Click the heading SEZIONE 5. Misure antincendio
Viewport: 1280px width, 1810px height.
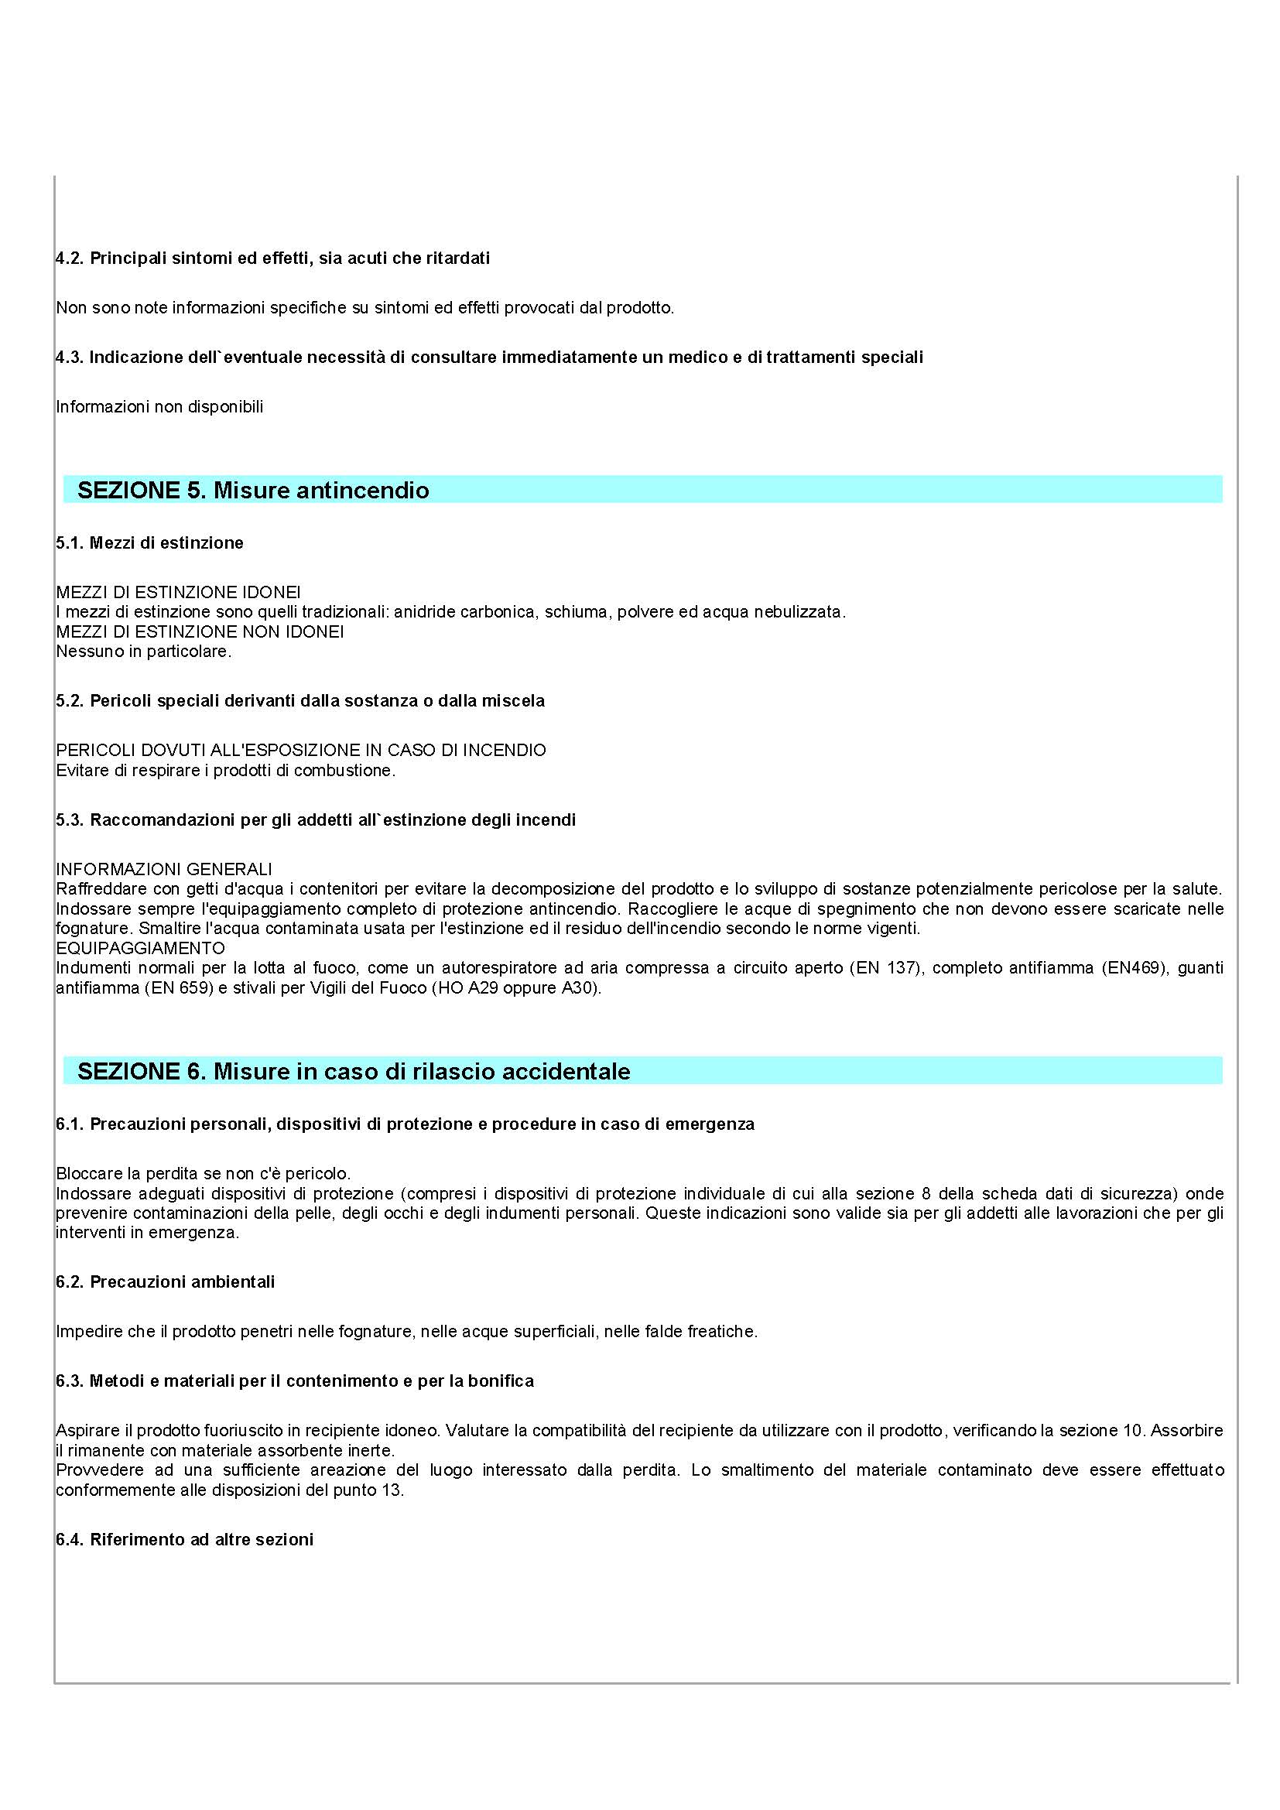(x=253, y=491)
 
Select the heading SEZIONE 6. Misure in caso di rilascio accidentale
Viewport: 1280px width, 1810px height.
(x=353, y=1071)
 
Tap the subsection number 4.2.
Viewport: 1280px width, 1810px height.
(x=70, y=258)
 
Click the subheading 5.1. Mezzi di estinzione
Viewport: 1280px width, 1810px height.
(x=150, y=542)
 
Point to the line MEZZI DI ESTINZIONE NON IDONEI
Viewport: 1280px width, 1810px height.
(x=200, y=631)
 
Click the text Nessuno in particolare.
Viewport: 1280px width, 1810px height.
(x=143, y=651)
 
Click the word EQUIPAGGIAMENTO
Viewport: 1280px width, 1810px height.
(x=140, y=948)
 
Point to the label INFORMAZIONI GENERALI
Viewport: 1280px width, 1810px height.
(x=164, y=869)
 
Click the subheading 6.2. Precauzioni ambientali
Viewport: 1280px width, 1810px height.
(x=166, y=1281)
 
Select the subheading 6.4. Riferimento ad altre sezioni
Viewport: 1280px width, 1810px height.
(x=184, y=1540)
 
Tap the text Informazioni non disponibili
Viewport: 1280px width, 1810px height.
(x=159, y=407)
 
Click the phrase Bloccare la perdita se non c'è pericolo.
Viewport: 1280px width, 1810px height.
(x=204, y=1173)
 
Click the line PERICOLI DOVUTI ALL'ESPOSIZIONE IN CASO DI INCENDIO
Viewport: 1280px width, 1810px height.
(x=300, y=750)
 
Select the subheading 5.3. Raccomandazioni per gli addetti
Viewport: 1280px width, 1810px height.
(x=315, y=819)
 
